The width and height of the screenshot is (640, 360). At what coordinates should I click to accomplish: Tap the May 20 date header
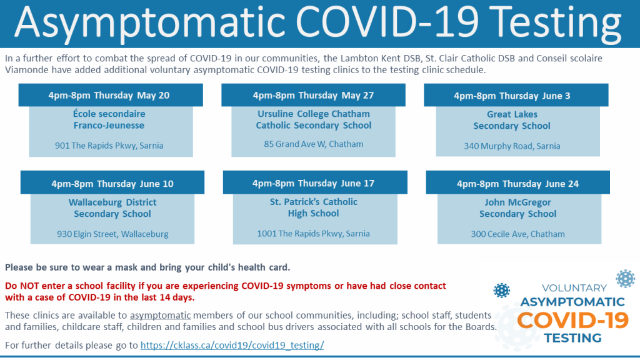click(x=111, y=95)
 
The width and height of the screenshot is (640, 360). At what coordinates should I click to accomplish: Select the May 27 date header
click(x=314, y=95)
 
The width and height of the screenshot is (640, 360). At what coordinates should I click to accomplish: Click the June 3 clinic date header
click(x=516, y=96)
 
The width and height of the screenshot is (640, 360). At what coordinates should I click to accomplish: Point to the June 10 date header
click(x=112, y=183)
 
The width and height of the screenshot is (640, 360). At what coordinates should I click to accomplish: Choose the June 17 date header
click(x=315, y=183)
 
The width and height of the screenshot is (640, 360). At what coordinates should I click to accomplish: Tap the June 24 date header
click(x=517, y=183)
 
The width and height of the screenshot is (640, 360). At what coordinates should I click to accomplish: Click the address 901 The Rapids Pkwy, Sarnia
click(x=109, y=146)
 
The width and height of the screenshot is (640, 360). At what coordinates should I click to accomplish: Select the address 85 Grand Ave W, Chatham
click(x=314, y=144)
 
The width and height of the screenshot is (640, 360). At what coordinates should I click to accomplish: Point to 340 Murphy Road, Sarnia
click(x=512, y=146)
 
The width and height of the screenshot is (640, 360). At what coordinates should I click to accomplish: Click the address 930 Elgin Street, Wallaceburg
click(x=112, y=234)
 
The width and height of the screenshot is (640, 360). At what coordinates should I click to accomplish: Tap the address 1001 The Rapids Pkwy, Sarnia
click(x=314, y=234)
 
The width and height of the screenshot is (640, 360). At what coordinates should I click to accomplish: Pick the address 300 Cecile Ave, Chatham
click(x=518, y=234)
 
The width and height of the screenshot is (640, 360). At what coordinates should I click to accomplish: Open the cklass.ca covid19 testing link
click(x=232, y=345)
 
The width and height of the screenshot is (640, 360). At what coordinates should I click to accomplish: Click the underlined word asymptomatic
click(x=161, y=316)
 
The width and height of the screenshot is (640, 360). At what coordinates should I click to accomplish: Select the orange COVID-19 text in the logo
click(x=573, y=320)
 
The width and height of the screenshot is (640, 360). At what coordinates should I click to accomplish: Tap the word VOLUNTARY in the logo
click(x=574, y=288)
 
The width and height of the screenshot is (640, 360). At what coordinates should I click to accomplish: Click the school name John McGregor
click(x=518, y=202)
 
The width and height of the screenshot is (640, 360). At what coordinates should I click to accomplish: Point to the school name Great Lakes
click(x=512, y=114)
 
